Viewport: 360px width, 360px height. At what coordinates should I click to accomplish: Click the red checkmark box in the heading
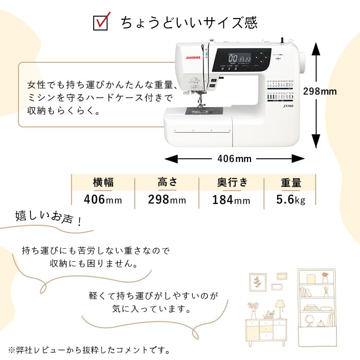click(x=100, y=22)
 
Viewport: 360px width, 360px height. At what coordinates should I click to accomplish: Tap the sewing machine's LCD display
click(x=240, y=59)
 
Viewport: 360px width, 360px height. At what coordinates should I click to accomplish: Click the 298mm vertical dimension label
click(x=320, y=91)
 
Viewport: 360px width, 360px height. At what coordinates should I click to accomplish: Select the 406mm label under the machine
click(x=234, y=159)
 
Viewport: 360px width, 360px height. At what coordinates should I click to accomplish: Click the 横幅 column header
click(x=103, y=182)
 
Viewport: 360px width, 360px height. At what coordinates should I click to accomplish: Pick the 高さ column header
click(x=167, y=182)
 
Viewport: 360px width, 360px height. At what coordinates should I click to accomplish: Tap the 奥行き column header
click(x=232, y=182)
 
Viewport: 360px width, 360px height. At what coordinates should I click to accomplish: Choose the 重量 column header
click(x=291, y=182)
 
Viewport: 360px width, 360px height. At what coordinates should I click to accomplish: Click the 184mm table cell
click(x=231, y=200)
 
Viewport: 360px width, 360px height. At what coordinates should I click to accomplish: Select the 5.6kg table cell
click(x=291, y=200)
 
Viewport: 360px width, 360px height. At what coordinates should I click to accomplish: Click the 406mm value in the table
click(x=103, y=200)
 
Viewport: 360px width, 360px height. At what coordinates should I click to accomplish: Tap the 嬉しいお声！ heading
click(x=49, y=218)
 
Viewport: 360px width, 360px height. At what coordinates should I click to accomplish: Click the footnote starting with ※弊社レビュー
click(x=89, y=350)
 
